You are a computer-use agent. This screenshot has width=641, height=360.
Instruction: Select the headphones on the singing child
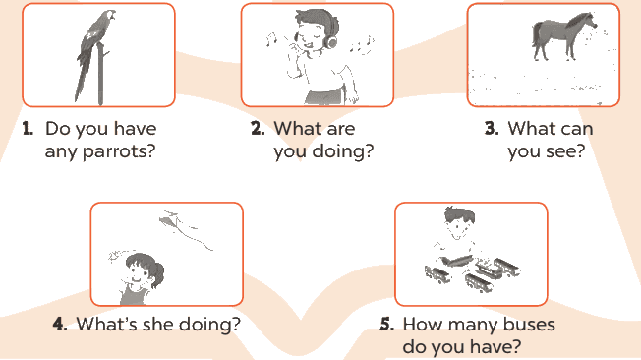coord(330,40)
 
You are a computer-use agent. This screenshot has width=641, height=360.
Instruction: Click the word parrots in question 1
coord(119,151)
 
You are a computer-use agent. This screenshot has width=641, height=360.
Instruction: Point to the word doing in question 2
coord(342,151)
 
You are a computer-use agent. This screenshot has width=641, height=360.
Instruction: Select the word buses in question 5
coord(529,324)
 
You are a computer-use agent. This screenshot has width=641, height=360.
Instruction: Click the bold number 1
coord(28,129)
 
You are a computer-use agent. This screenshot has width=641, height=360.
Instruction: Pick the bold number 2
coord(258,129)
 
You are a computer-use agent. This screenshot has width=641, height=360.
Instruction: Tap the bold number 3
coord(492,129)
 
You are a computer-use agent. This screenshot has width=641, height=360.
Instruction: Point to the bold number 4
coord(60,324)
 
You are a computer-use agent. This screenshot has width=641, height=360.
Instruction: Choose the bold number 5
coord(387,324)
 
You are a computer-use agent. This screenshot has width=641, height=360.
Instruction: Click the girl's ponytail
coord(157,273)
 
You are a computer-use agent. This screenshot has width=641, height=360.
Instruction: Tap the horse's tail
coord(535,34)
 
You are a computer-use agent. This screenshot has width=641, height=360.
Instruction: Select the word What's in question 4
coord(107,324)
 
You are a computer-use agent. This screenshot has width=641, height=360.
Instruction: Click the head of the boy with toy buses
coord(460,222)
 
